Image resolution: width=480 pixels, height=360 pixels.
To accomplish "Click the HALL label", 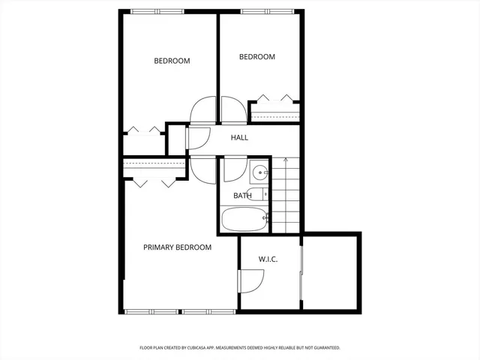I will click(x=239, y=137).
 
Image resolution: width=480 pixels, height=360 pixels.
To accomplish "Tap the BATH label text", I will click(x=242, y=196).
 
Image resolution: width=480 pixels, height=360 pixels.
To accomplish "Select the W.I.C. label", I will click(x=268, y=259).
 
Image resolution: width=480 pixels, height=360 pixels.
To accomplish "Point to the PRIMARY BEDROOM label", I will click(x=177, y=247).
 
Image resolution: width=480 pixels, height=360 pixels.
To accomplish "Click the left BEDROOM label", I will click(x=172, y=61).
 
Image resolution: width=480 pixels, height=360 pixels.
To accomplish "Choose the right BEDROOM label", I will click(x=256, y=57).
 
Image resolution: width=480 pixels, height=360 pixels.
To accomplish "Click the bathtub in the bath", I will click(x=244, y=220).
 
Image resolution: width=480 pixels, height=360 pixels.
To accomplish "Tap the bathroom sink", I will click(x=259, y=173).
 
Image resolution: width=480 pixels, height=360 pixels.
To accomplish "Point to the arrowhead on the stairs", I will click(x=286, y=160).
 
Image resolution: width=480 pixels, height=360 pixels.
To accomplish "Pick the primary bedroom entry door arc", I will click(x=202, y=168).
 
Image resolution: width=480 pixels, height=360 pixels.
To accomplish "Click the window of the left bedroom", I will click(x=157, y=11).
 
